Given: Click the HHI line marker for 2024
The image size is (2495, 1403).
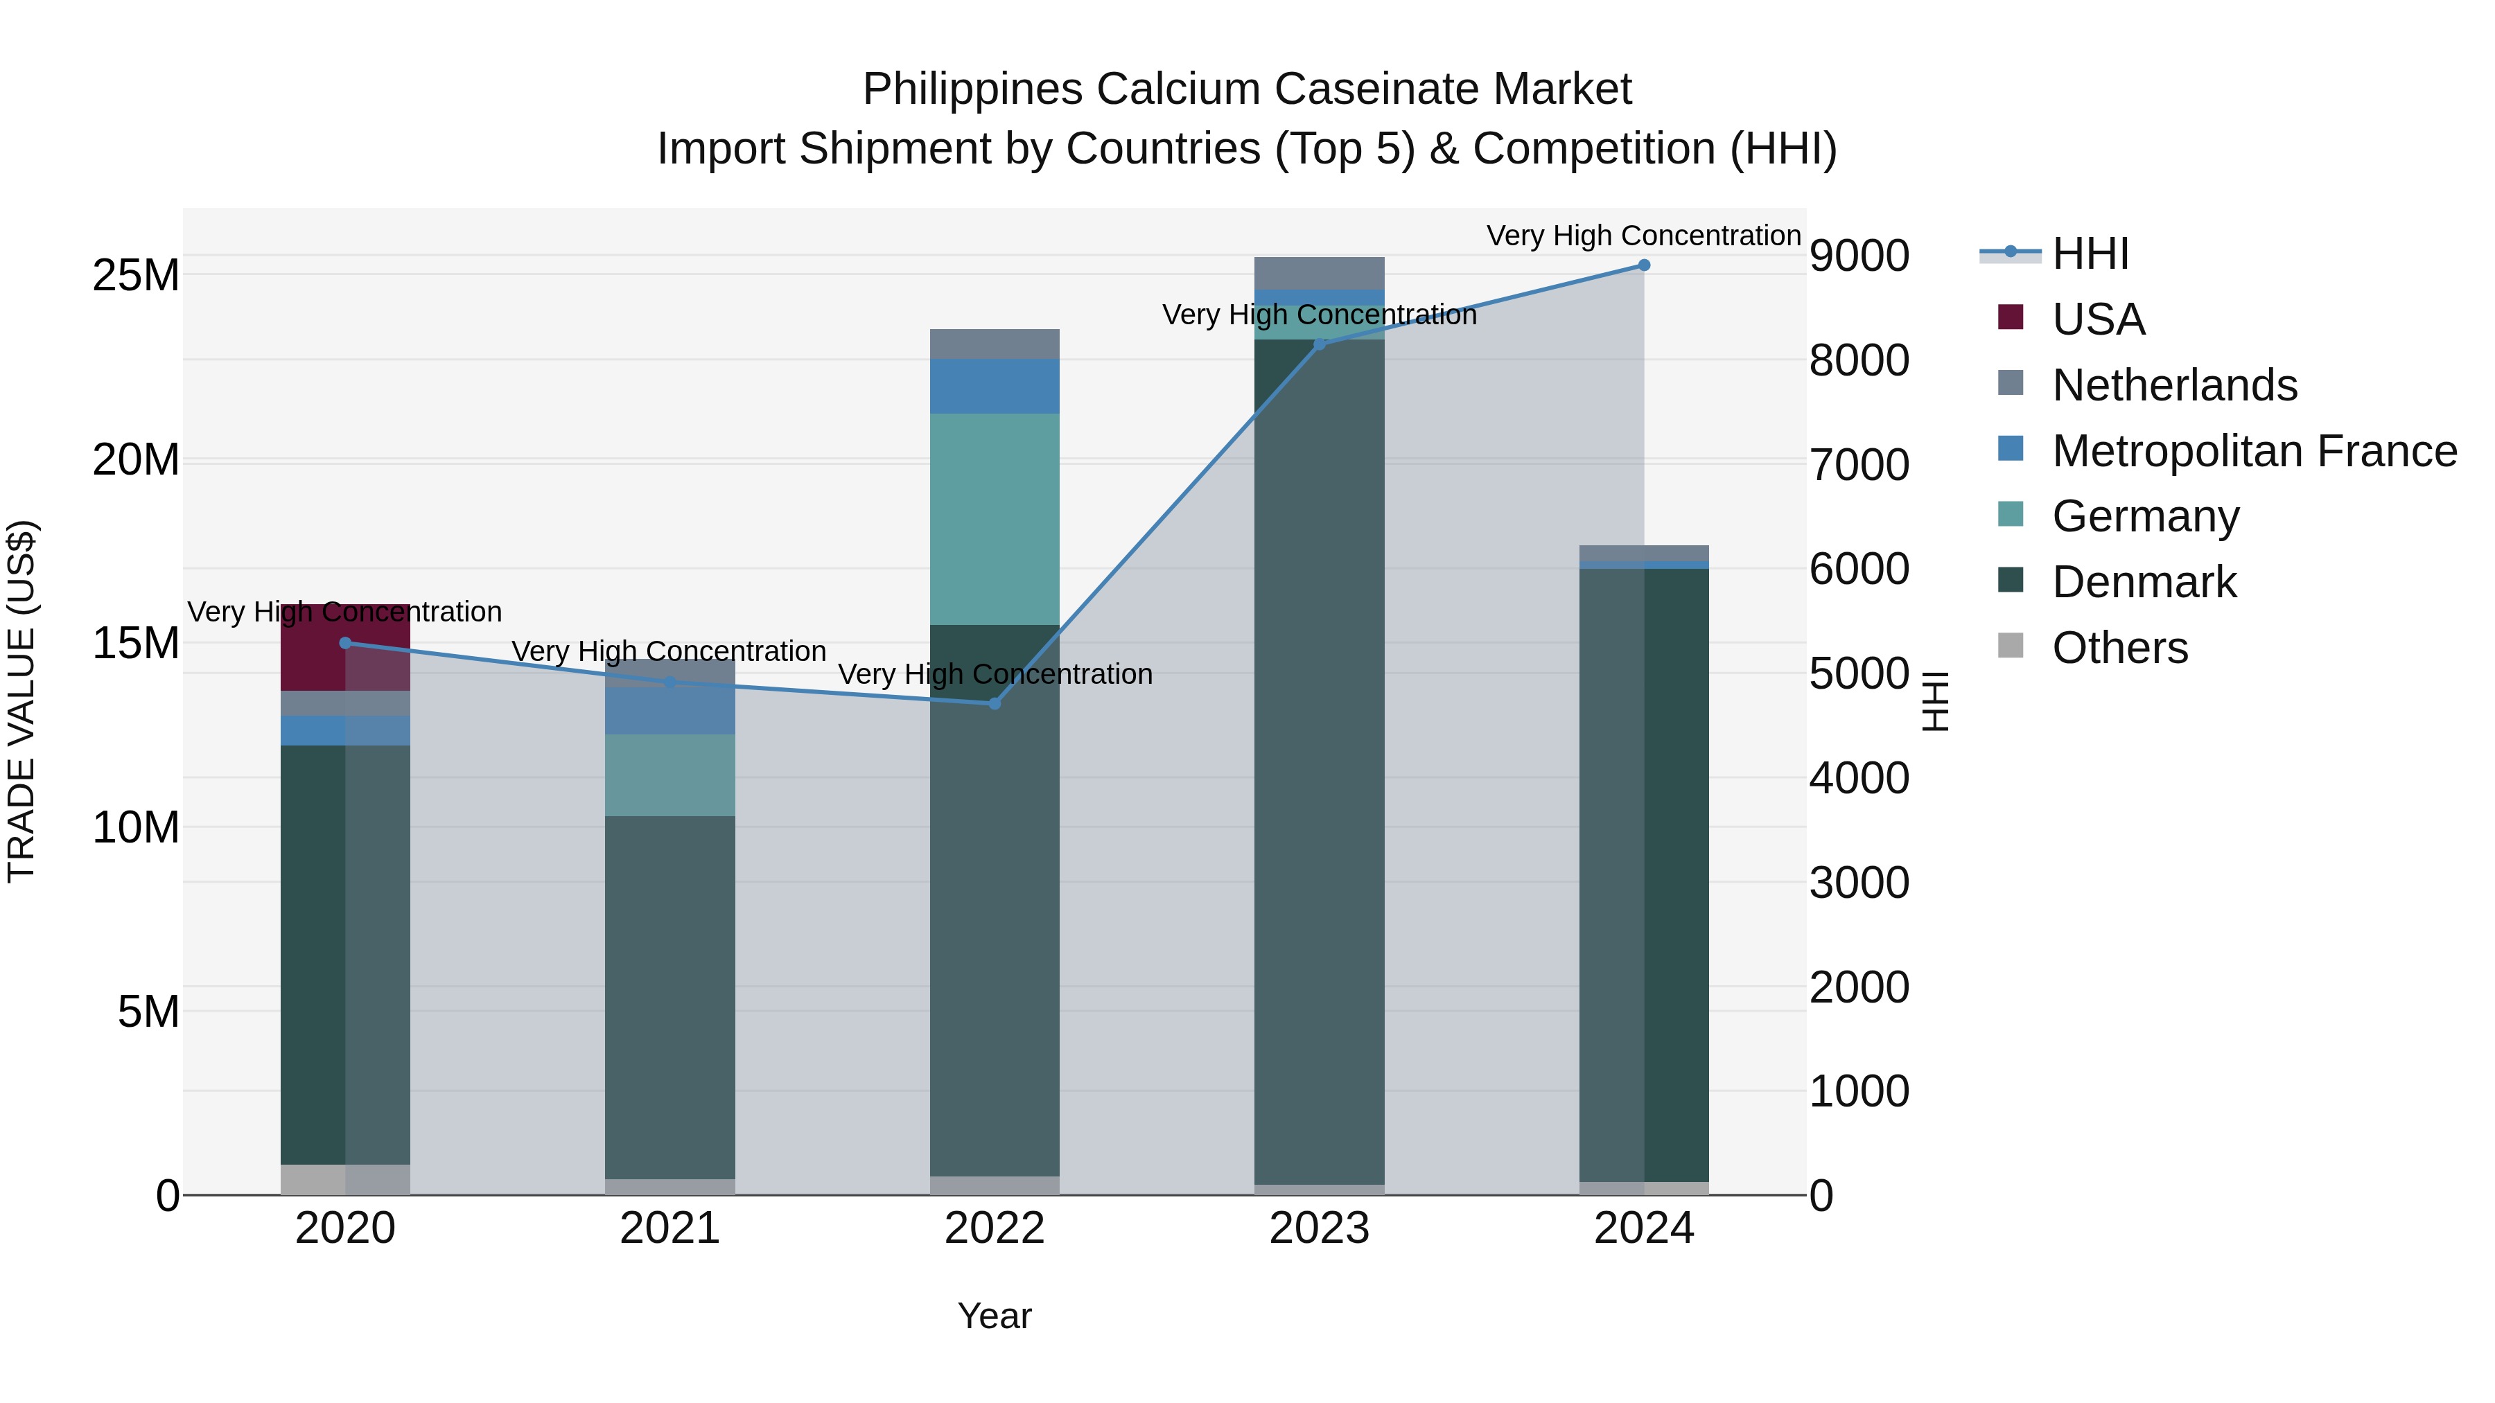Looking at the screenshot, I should pyautogui.click(x=1644, y=265).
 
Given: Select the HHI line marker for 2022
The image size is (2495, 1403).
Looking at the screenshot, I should pyautogui.click(x=994, y=703).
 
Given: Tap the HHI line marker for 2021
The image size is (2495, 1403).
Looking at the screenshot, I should pyautogui.click(x=669, y=682).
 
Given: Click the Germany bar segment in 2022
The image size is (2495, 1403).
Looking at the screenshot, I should pyautogui.click(x=994, y=519).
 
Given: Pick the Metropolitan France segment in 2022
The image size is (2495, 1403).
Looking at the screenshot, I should pyautogui.click(x=994, y=387).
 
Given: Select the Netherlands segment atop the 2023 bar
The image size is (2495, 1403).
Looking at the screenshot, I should pyautogui.click(x=1318, y=273).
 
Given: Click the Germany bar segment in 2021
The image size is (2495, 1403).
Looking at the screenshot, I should pyautogui.click(x=669, y=775).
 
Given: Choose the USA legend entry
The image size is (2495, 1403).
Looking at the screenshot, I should pyautogui.click(x=2097, y=319).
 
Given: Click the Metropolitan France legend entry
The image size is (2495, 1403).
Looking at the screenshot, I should pyautogui.click(x=2253, y=451).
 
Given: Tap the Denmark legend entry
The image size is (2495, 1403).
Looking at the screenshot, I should pyautogui.click(x=2144, y=582).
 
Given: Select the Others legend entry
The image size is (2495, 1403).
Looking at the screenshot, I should pyautogui.click(x=2119, y=648).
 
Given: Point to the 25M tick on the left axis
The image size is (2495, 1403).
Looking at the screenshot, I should pyautogui.click(x=136, y=276).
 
